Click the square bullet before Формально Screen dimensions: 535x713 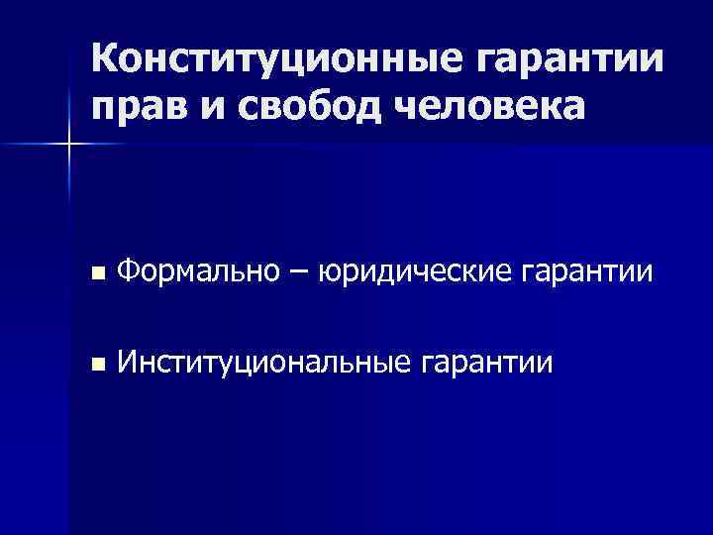95,272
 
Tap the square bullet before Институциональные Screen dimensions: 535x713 95,366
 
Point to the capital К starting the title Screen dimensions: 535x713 108,62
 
